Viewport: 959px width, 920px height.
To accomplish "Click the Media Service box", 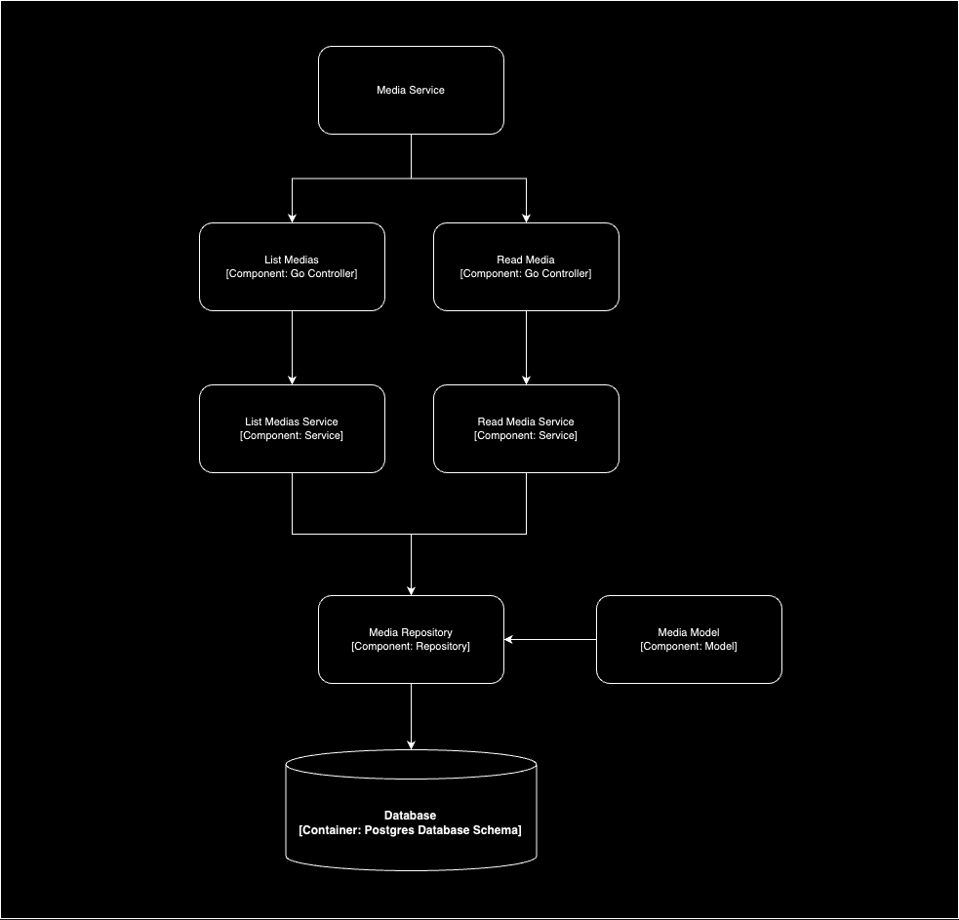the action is [x=411, y=90].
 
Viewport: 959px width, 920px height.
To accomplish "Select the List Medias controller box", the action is [x=292, y=266].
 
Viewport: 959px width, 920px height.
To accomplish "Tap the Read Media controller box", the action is [x=526, y=266].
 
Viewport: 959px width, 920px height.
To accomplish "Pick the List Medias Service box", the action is [x=292, y=428].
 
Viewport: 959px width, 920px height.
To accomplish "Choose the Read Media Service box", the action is [x=526, y=428].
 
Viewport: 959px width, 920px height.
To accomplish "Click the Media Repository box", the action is [x=411, y=639].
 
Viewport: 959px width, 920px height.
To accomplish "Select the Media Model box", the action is [x=689, y=639].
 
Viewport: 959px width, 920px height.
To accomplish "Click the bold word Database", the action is [x=411, y=816].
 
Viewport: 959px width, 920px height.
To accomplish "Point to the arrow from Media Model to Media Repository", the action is [x=551, y=640].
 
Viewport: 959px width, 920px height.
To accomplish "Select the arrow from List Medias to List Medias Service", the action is [x=292, y=346].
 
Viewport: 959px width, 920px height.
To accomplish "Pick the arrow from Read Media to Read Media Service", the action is [x=526, y=346].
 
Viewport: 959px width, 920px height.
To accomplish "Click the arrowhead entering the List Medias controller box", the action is [x=292, y=218].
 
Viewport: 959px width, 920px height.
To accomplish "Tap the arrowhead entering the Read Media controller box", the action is [x=526, y=218].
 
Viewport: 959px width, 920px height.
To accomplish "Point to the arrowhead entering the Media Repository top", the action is [x=411, y=589].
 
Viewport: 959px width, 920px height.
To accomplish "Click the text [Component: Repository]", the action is [x=411, y=646].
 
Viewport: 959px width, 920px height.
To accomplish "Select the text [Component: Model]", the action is [x=689, y=646].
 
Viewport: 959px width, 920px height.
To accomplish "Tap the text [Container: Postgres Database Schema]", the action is [x=411, y=830].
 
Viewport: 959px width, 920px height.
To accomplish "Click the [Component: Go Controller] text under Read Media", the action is [x=526, y=274].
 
